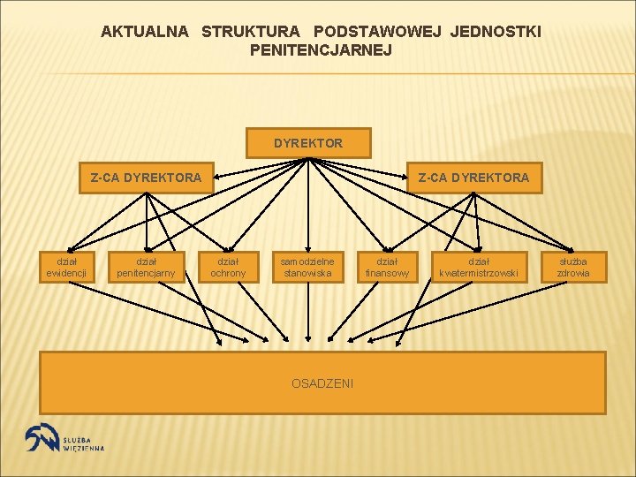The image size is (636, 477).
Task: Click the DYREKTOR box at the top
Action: (308, 143)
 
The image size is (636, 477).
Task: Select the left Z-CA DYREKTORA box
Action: (146, 178)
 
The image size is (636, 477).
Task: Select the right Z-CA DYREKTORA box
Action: (473, 178)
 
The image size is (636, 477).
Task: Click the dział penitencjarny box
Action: (146, 267)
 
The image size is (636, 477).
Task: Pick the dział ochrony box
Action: (228, 267)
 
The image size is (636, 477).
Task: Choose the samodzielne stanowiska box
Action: (307, 267)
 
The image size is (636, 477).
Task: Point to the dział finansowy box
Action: (387, 267)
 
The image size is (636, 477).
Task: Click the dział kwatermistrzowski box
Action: (478, 267)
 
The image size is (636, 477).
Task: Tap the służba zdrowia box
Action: (572, 267)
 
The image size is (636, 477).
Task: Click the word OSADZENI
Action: (322, 383)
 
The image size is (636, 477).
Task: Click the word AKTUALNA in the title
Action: (145, 32)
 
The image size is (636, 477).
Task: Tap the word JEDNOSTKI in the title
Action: (496, 32)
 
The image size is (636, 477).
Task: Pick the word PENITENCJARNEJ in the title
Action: (321, 50)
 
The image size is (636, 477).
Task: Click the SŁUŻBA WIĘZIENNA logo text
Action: (83, 443)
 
